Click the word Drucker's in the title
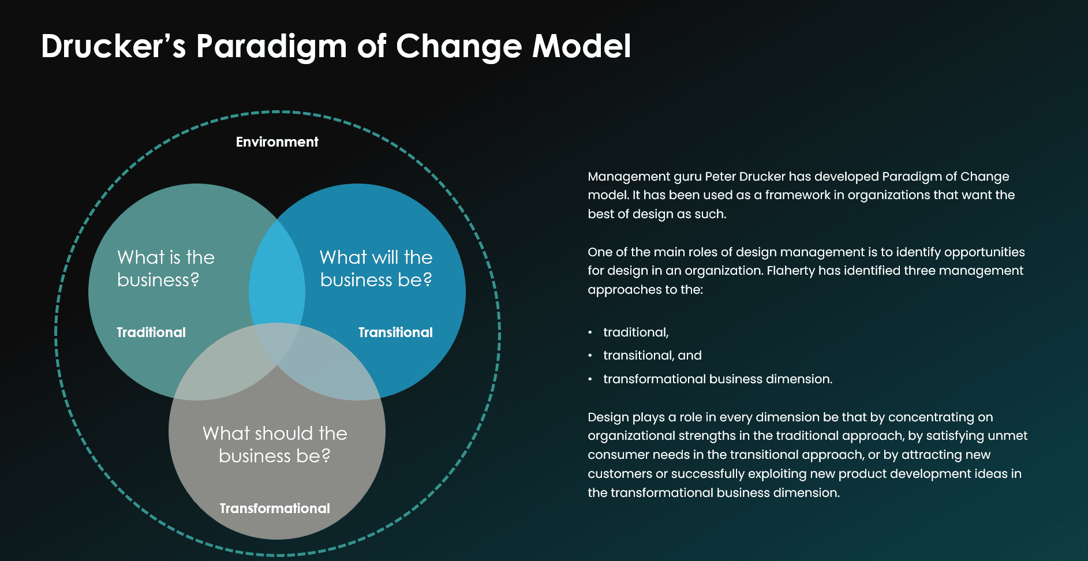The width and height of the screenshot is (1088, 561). pos(113,46)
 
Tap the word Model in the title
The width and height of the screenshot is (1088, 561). pos(581,46)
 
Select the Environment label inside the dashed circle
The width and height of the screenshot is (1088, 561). pos(277,142)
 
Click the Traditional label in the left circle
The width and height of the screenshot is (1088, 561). pos(151,332)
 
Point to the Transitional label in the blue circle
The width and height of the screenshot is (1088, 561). pos(395,332)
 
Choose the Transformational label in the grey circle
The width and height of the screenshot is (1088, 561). pos(275,508)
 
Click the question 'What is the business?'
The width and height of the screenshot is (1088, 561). pos(166,268)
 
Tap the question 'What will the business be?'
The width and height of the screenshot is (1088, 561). pos(376,268)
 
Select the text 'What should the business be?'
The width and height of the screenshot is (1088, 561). pos(275,444)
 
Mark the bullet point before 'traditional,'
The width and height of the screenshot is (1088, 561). pos(590,333)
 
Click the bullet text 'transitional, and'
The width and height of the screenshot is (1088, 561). pos(652,356)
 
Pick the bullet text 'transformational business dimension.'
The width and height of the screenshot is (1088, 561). pos(717,379)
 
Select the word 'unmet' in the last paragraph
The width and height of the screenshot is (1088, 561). pos(1011,436)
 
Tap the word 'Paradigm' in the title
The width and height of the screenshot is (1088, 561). pos(271,46)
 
